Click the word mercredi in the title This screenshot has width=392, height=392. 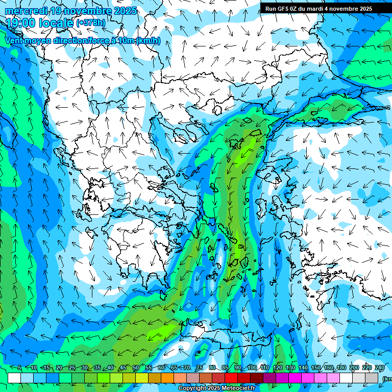26,11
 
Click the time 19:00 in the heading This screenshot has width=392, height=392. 23,22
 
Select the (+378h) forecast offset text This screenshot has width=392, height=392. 91,23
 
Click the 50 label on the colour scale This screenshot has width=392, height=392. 135,368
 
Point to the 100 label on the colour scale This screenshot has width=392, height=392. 252,368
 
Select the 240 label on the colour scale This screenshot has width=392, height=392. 380,368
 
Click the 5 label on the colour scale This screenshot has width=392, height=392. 19,368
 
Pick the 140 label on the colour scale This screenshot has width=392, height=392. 303,368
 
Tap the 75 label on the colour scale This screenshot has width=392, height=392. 199,368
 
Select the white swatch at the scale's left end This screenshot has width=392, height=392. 14,378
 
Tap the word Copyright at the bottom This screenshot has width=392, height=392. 192,388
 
